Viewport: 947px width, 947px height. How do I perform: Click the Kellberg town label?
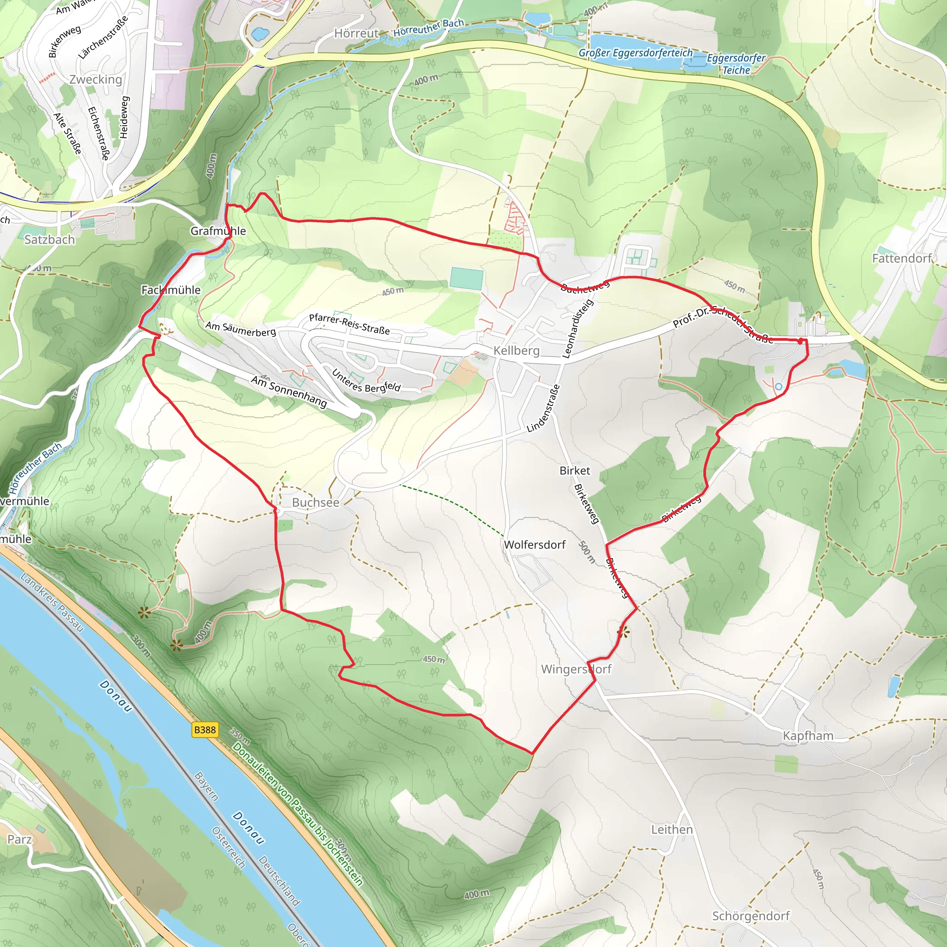point(516,351)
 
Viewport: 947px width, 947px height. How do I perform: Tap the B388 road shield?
point(205,730)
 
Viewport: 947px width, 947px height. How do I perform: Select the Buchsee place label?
point(315,503)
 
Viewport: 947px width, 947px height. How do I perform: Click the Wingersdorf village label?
point(576,669)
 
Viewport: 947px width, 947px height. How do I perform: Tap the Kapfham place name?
point(807,736)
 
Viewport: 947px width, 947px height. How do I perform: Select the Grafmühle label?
point(218,231)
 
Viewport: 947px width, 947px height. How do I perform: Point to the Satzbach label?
point(49,240)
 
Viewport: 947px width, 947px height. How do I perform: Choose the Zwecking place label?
point(96,80)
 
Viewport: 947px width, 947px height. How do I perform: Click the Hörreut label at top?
point(357,33)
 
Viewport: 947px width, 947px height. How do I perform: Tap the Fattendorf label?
point(901,258)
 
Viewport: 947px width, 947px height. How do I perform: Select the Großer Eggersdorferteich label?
point(636,53)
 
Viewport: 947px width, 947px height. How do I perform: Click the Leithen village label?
point(671,830)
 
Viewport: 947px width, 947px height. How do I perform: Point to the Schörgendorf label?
point(750,916)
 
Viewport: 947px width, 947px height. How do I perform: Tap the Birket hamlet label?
point(574,471)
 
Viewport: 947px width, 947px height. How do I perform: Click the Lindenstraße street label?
point(543,409)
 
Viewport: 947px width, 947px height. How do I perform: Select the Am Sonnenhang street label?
point(289,392)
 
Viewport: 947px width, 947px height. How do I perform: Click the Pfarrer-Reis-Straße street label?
point(349,325)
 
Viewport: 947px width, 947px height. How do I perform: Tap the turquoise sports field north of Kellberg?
point(466,278)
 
